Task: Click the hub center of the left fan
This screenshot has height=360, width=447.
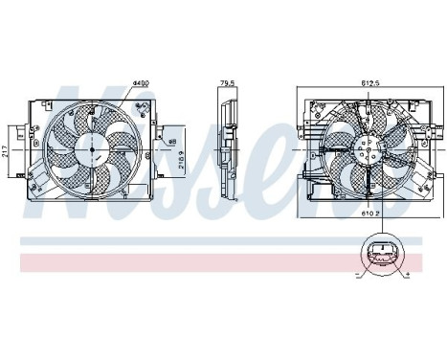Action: [93, 149]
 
